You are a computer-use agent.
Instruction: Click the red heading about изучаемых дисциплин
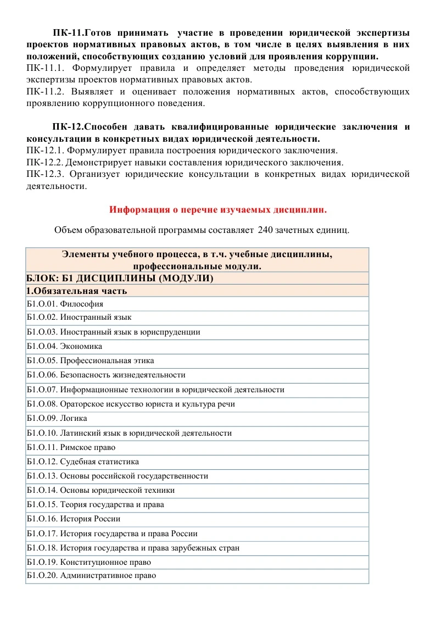tap(218, 209)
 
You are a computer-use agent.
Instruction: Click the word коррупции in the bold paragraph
tap(353, 56)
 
